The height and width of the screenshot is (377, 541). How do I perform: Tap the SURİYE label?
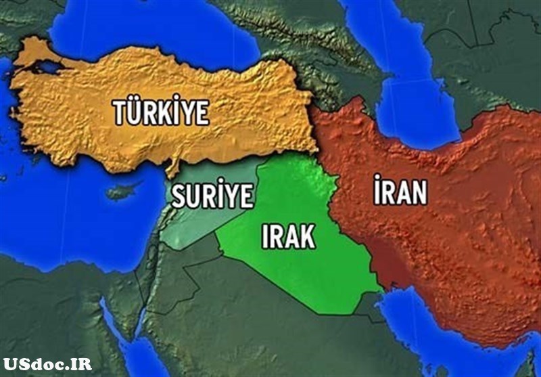tap(212, 196)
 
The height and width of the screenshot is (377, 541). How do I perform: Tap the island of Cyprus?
tap(122, 190)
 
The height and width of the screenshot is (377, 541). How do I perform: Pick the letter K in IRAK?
tap(306, 236)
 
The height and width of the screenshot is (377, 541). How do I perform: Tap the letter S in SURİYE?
tap(179, 196)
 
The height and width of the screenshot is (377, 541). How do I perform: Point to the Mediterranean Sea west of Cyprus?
tap(54, 217)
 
